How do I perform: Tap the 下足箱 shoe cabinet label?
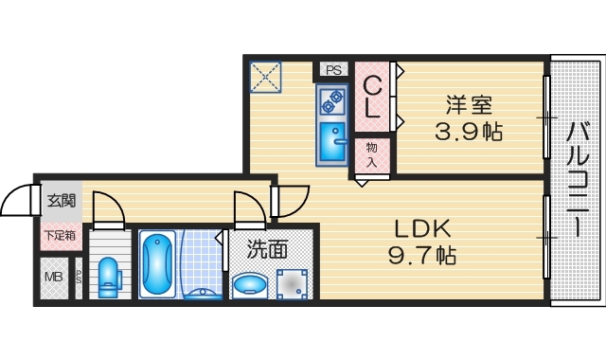(60, 235)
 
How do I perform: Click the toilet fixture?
(109, 276)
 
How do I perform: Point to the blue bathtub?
(155, 262)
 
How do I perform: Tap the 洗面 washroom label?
(268, 250)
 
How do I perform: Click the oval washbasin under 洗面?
(251, 284)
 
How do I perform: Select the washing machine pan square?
(293, 282)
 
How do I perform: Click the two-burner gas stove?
(332, 100)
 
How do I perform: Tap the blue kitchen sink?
(332, 141)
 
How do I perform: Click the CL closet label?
(372, 95)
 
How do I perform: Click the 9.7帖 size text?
(421, 255)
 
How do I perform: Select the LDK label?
(421, 228)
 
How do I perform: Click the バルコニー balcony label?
(578, 179)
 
